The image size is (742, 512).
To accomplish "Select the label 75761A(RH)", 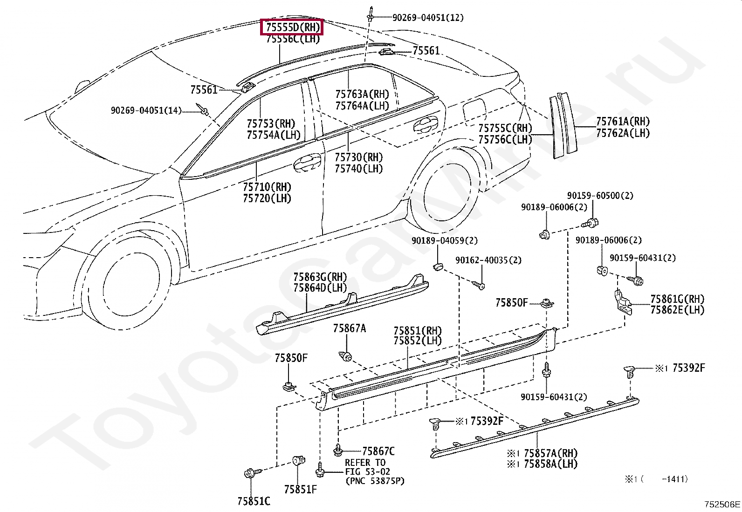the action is tap(623, 122).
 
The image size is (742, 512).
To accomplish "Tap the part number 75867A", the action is tap(350, 328).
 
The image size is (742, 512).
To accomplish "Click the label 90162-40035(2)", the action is tap(488, 260).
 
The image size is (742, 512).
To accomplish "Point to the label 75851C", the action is tap(254, 501).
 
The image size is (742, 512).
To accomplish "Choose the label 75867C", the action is tap(378, 451).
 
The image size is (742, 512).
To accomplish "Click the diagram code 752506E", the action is tap(722, 504).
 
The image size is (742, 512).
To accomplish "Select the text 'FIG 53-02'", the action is tap(367, 471).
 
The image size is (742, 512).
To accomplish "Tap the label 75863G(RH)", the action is tap(320, 277).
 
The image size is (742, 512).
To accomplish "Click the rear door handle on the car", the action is tap(426, 124).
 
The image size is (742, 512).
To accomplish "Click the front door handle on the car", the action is tap(307, 162).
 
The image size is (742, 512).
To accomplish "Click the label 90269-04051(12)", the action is tap(428, 18).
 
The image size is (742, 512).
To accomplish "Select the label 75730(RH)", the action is tap(359, 157).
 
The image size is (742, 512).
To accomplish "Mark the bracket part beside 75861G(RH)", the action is tap(623, 302).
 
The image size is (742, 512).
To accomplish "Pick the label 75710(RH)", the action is tap(267, 187).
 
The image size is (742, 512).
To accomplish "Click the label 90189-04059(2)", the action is tap(445, 240).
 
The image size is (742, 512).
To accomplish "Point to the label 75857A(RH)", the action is tap(550, 453).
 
